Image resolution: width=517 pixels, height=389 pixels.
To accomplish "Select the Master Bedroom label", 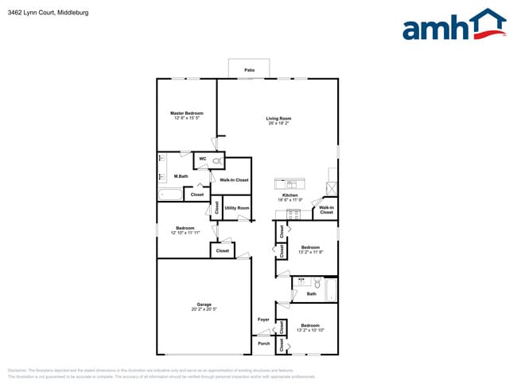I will click(188, 113).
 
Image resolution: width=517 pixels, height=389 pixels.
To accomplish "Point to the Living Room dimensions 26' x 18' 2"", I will click(278, 124).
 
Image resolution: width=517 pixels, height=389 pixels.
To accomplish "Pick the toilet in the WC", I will click(217, 161).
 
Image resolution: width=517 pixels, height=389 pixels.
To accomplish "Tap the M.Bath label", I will click(181, 176).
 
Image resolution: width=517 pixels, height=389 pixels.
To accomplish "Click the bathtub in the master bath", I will click(171, 194).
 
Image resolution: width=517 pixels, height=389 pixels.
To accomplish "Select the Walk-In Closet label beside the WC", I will click(234, 180).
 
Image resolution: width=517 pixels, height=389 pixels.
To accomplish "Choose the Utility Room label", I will click(236, 208).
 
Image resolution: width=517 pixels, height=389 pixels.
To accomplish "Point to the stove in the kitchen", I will click(293, 214).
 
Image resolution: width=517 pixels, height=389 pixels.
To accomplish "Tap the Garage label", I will click(204, 304).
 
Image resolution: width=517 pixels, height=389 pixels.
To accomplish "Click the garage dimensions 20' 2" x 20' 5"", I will click(204, 309).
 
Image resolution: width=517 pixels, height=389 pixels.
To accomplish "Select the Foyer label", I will click(263, 320).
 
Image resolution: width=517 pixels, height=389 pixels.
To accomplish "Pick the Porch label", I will click(263, 344).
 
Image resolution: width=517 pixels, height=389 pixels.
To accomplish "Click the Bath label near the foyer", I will click(311, 294).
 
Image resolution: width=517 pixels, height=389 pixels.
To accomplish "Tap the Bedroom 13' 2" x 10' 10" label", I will click(310, 325).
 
